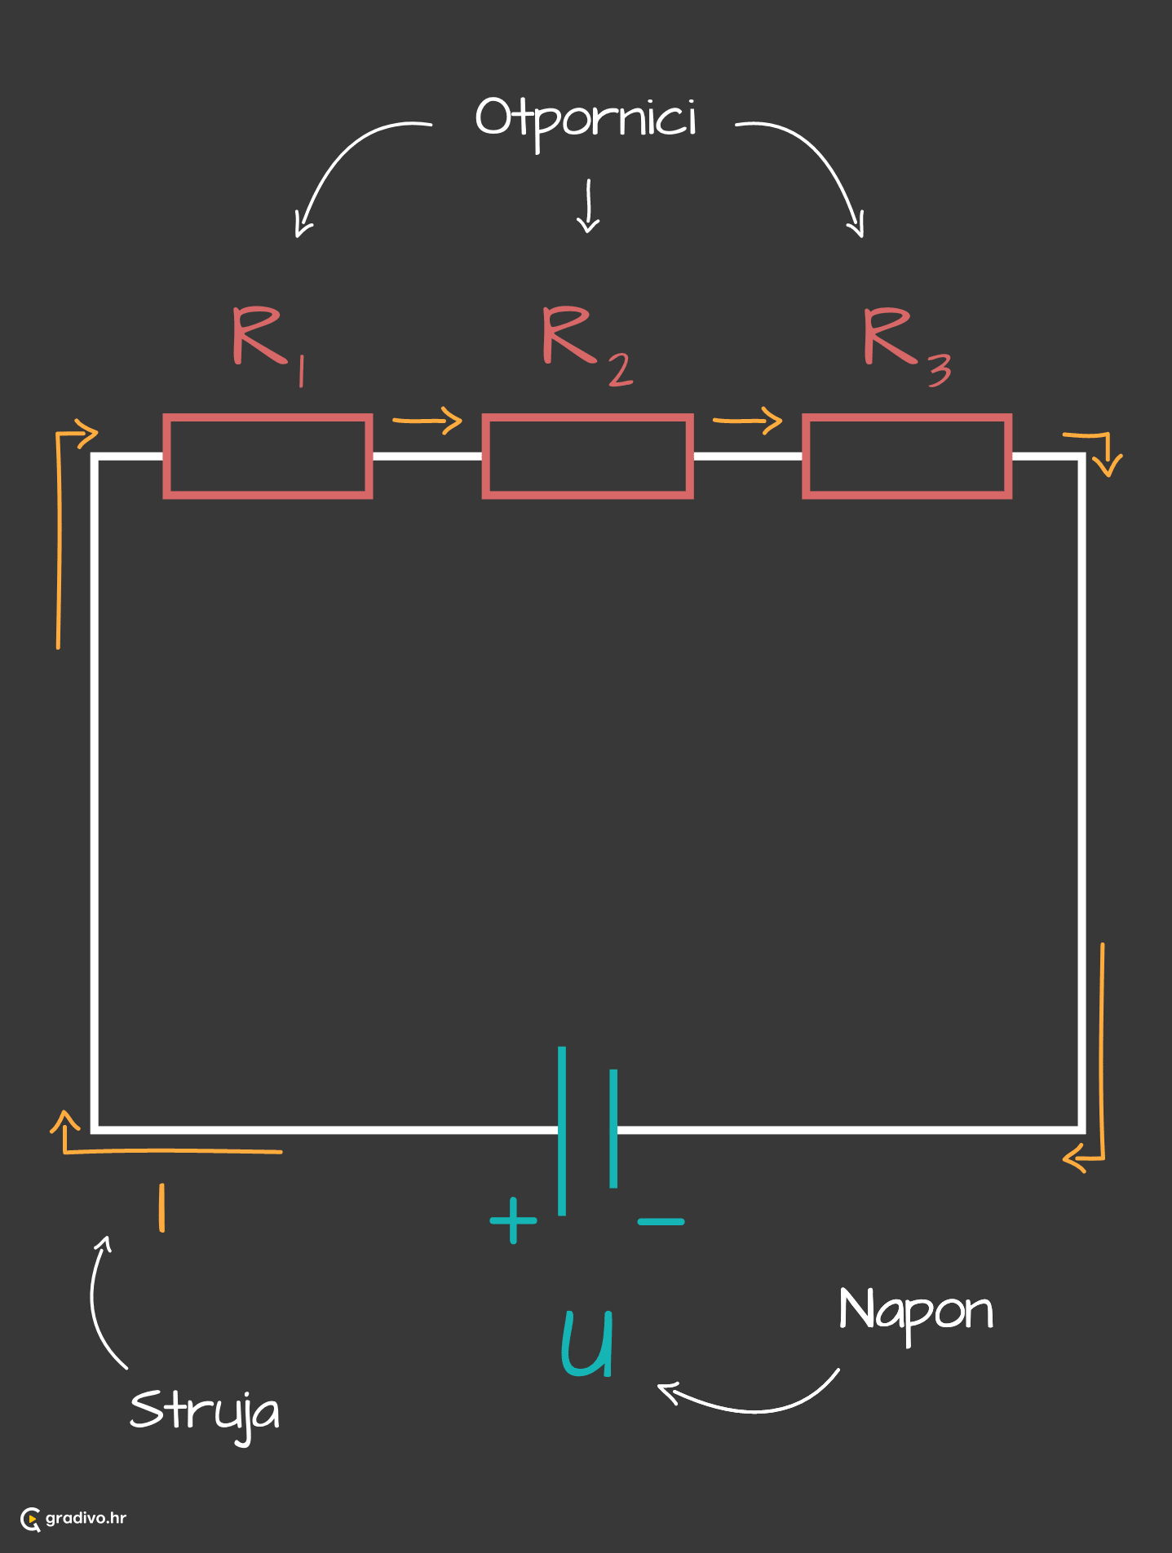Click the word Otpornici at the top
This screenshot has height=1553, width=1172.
(586, 119)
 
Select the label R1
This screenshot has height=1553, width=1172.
(266, 341)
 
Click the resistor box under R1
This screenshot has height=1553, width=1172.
(268, 456)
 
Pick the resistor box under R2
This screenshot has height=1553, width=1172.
(587, 456)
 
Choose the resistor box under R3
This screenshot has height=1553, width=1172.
(907, 456)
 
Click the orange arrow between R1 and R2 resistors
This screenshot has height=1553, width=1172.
(427, 421)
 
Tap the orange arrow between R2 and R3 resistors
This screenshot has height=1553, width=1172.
(747, 421)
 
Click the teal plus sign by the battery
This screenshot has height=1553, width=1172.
(513, 1220)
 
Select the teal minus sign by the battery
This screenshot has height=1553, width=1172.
(661, 1221)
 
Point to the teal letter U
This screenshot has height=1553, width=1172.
(587, 1343)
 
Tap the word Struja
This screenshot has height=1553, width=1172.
(204, 1411)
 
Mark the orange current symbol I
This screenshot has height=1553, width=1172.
(162, 1207)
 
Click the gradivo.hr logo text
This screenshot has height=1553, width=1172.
(85, 1518)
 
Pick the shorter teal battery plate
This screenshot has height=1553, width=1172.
(613, 1128)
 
